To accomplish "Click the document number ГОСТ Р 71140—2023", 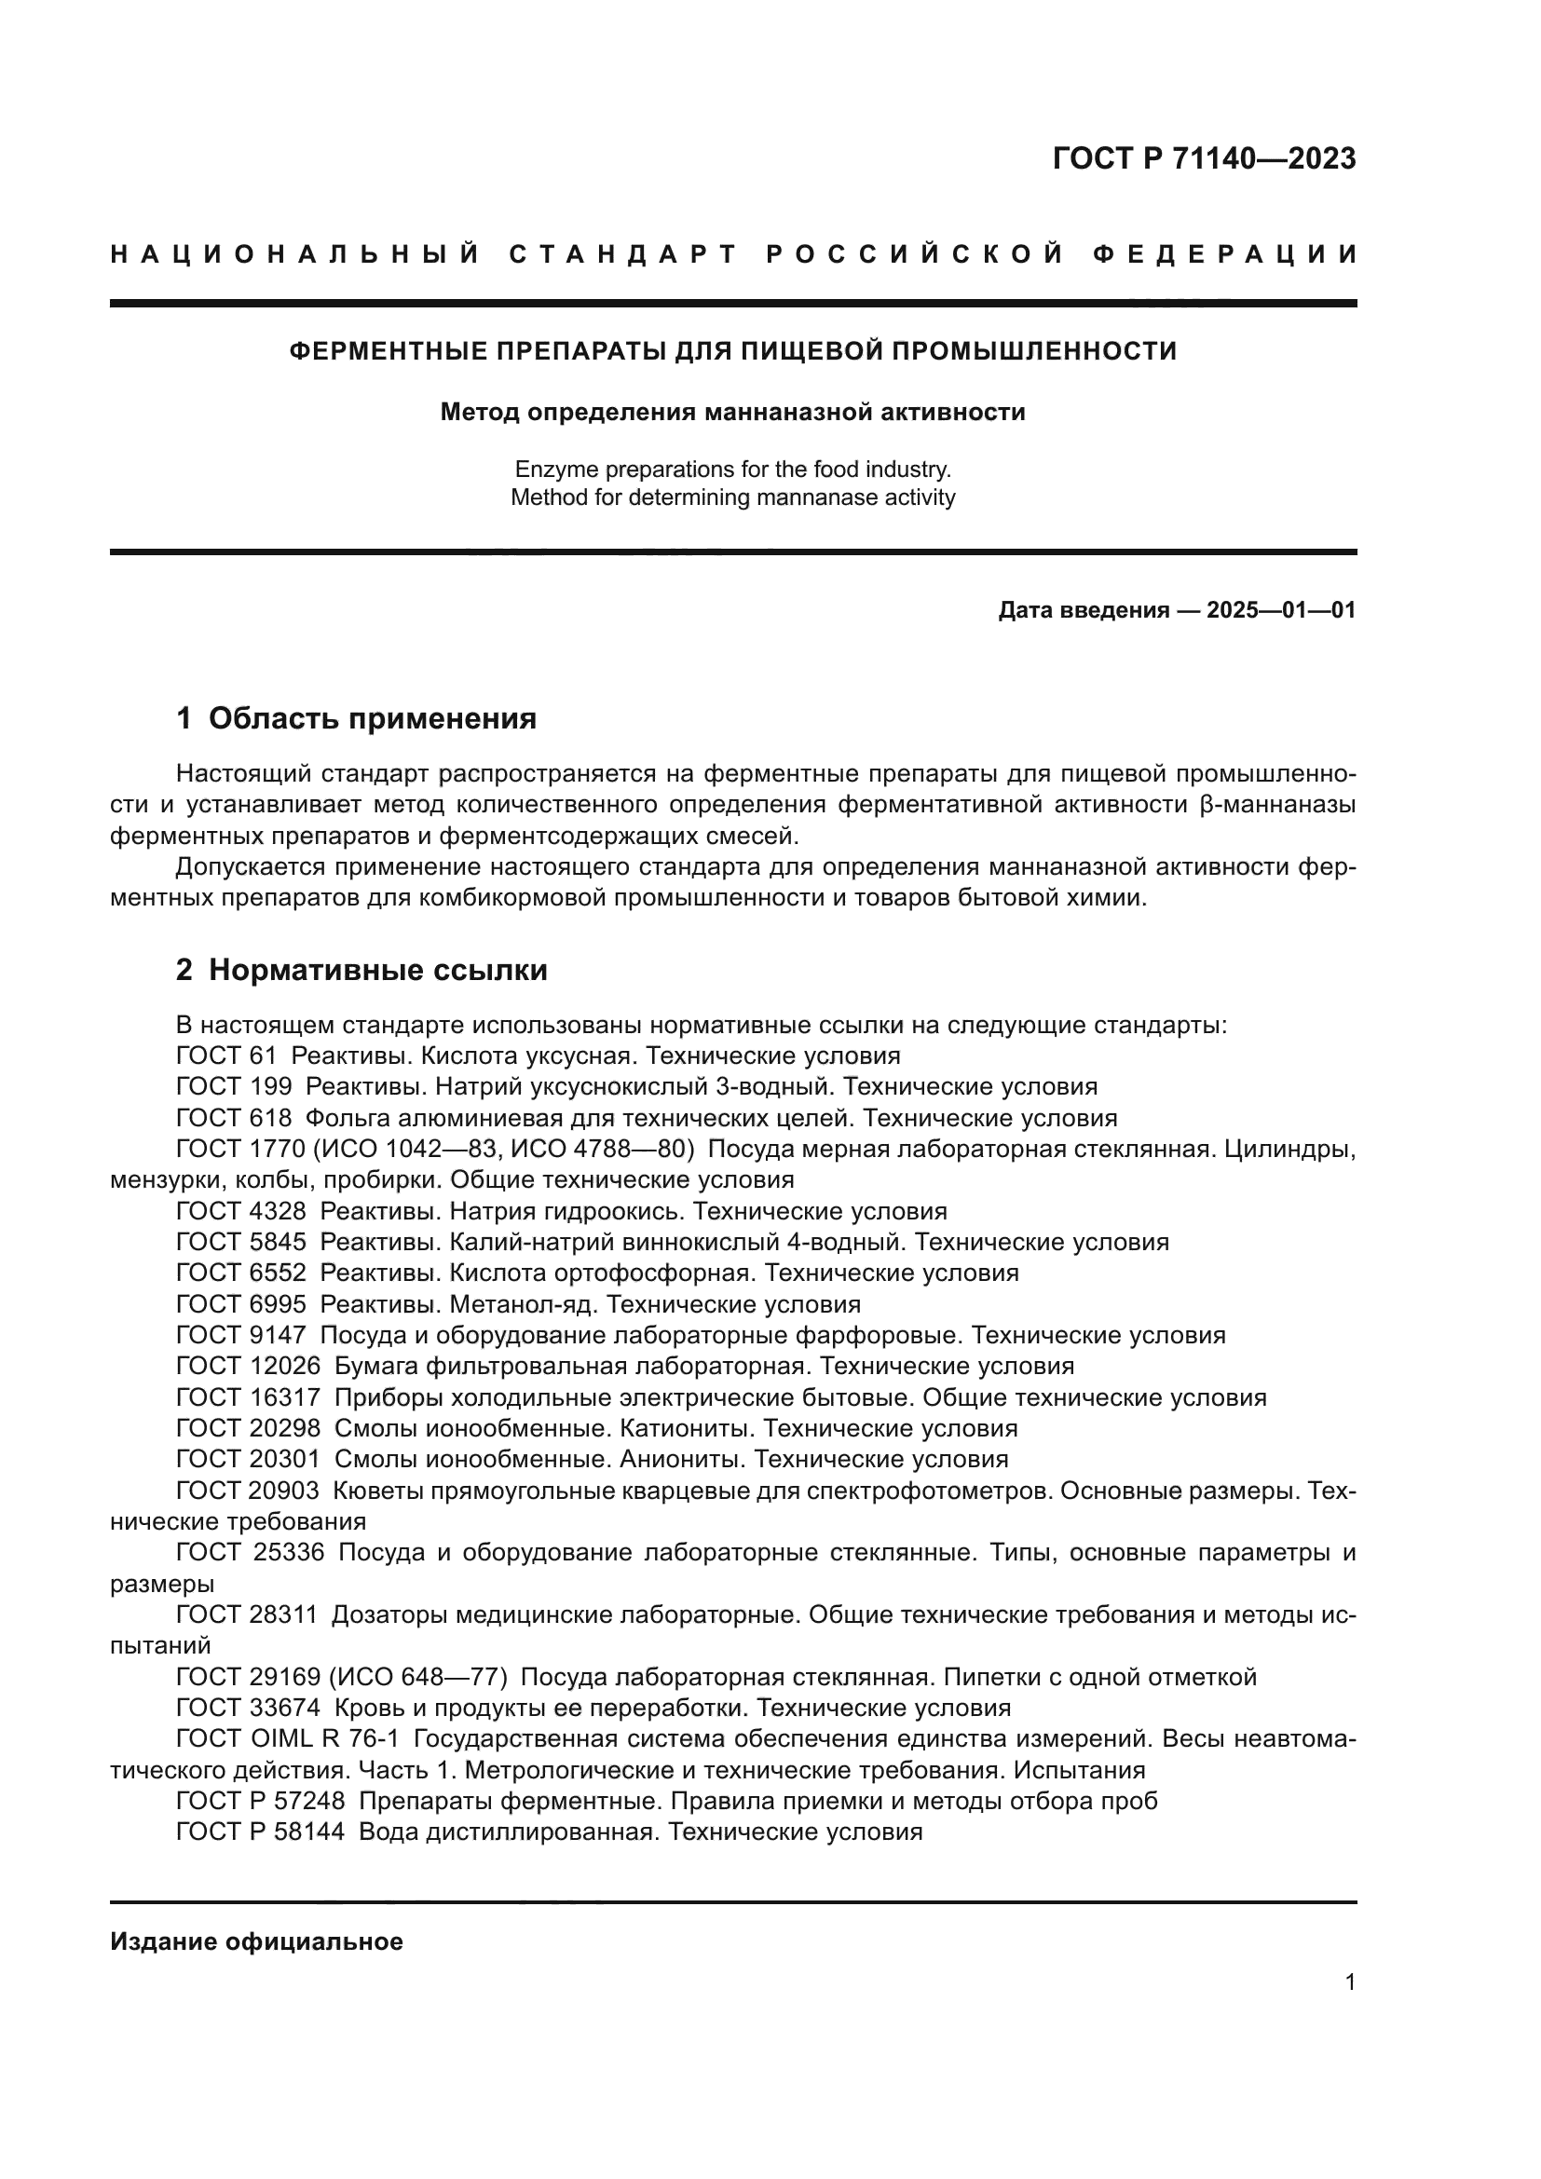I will click(x=1203, y=158).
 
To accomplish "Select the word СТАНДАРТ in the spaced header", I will click(x=623, y=254).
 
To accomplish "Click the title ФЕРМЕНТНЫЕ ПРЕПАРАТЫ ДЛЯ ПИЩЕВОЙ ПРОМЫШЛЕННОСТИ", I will click(x=732, y=351).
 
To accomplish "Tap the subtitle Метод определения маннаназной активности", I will click(x=732, y=412).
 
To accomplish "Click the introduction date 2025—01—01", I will click(x=1281, y=610).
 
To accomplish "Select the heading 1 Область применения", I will click(x=356, y=718).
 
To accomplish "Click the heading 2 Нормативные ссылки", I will click(x=361, y=970).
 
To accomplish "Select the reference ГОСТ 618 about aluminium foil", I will click(x=234, y=1118).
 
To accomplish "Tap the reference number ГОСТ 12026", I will click(x=249, y=1367).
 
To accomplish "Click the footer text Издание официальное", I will click(x=256, y=1941).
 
